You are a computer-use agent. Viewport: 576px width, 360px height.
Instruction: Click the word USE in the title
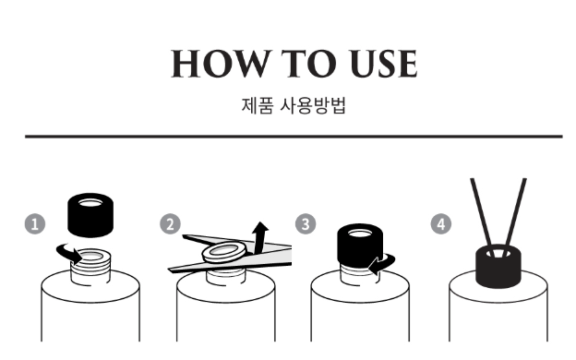(x=383, y=64)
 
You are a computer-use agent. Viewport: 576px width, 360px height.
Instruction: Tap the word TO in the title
(x=309, y=64)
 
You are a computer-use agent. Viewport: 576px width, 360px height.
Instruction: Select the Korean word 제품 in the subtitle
(x=258, y=105)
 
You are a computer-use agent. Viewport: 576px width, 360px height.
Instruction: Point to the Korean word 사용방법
(x=313, y=105)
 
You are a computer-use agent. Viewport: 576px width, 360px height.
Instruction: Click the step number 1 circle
(x=35, y=223)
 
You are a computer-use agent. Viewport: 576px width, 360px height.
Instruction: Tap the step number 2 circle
(x=170, y=223)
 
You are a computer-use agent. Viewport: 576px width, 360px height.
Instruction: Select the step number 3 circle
(x=306, y=223)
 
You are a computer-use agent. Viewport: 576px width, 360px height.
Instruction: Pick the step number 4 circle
(x=441, y=223)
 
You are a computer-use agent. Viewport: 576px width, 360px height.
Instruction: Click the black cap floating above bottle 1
(x=90, y=215)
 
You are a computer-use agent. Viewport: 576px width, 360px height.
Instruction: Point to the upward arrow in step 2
(x=259, y=237)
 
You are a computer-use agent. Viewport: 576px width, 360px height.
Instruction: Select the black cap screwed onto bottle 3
(x=360, y=245)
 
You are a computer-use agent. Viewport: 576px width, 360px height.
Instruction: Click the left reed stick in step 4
(x=481, y=213)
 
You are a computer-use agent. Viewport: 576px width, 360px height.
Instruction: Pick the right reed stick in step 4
(x=516, y=213)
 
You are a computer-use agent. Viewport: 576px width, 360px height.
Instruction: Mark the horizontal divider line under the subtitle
(x=294, y=137)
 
